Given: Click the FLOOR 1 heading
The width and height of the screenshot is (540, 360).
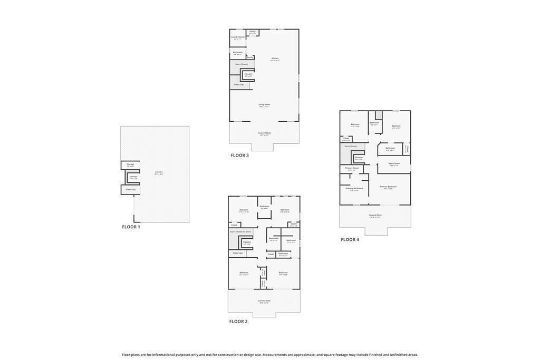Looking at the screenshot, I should click(x=131, y=227).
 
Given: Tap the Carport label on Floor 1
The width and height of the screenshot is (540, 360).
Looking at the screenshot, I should click(x=159, y=172).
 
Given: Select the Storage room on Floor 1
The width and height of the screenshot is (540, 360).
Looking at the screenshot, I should click(x=130, y=165).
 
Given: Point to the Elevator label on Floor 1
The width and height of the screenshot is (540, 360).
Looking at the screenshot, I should click(x=133, y=177).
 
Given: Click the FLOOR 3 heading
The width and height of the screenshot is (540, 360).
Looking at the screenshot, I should click(x=239, y=155).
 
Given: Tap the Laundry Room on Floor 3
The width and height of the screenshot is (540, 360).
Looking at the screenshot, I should click(x=238, y=37).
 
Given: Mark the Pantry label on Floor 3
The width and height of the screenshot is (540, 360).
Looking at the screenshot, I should click(x=250, y=57).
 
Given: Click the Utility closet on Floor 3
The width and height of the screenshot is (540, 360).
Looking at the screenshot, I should click(x=253, y=32).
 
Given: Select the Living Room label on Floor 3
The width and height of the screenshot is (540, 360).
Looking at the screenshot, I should click(x=264, y=105).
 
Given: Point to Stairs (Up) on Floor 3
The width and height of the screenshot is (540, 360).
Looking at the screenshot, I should click(x=238, y=84).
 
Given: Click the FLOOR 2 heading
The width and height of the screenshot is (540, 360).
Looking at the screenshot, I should click(x=238, y=322).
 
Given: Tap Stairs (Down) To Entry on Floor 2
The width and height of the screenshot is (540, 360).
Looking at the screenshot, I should click(x=240, y=231).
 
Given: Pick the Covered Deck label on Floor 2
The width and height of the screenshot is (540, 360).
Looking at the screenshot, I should click(x=264, y=301).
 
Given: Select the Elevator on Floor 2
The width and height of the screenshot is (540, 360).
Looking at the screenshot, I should click(x=247, y=242).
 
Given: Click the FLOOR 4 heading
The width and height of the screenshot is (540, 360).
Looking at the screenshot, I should click(x=350, y=240).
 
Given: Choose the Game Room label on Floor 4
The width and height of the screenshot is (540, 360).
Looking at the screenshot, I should click(x=394, y=164).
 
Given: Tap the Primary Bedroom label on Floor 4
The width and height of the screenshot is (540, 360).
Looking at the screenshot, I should click(x=388, y=187).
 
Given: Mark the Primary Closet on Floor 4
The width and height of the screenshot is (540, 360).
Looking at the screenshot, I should click(x=352, y=169).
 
